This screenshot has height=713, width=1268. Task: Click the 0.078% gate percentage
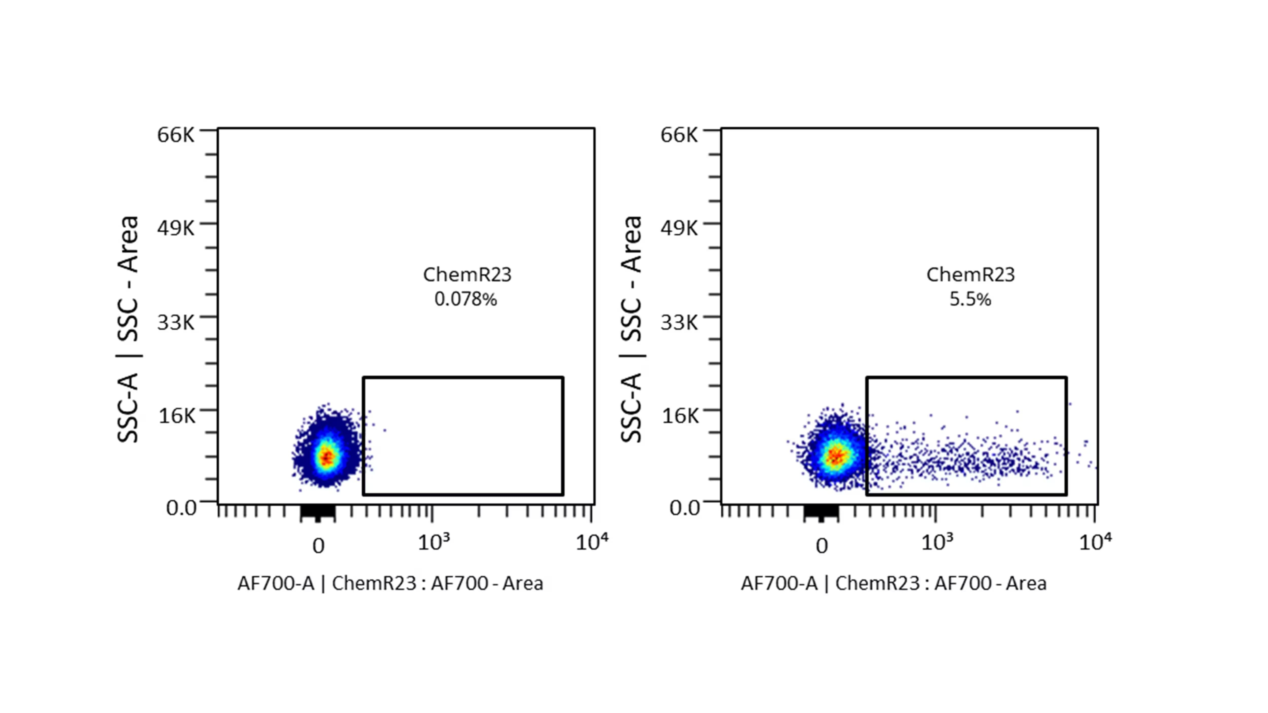pos(465,299)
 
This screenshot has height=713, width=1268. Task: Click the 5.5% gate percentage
pos(970,299)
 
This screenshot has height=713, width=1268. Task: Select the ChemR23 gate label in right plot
pos(970,275)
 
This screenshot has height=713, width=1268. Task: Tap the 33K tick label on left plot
pos(176,323)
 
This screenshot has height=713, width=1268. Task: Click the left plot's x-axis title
pos(390,583)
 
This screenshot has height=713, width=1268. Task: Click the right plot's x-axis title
pos(893,583)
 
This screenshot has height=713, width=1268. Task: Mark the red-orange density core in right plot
pos(835,456)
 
